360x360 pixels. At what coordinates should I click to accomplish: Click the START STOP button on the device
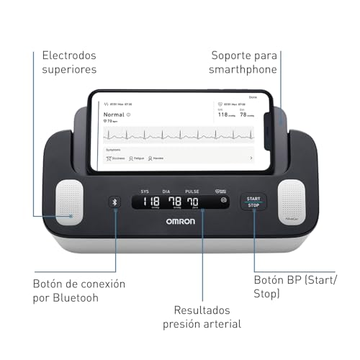coord(253,201)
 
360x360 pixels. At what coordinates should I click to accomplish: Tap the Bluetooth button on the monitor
coord(114,202)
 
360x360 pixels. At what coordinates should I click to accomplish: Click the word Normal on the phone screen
coord(114,114)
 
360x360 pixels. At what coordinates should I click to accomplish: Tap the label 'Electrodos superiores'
coord(69,62)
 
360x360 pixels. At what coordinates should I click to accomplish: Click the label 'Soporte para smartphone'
coord(244,62)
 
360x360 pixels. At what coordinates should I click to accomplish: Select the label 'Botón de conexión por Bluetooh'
coord(78,291)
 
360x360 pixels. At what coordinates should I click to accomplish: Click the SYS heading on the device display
coord(144,192)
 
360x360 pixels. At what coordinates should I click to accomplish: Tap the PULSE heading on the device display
coord(193,192)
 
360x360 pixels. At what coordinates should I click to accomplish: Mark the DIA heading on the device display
coord(168,192)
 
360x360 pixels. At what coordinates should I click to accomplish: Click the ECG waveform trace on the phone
coord(180,134)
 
